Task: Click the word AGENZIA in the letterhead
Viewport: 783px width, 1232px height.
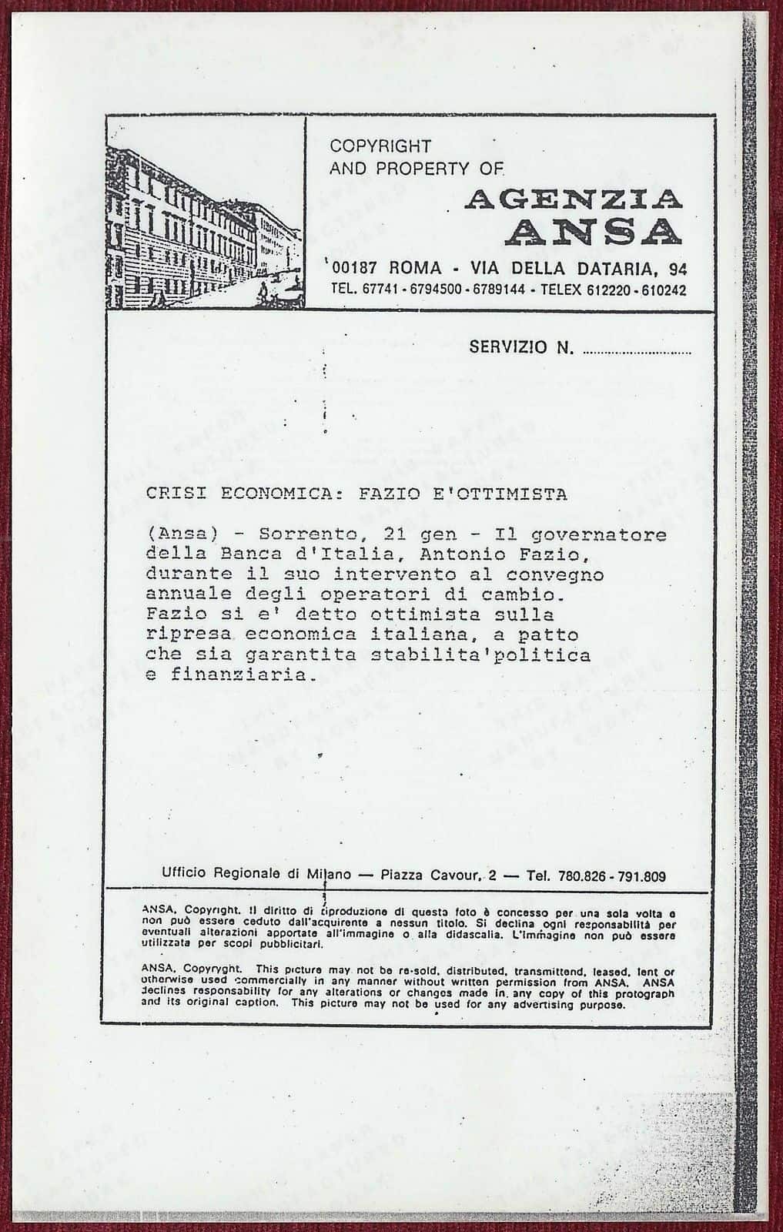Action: tap(574, 200)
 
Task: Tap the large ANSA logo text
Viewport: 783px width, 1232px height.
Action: tap(592, 232)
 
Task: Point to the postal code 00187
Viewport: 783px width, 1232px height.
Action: tap(359, 269)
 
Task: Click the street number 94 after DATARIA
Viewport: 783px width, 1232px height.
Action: tap(678, 269)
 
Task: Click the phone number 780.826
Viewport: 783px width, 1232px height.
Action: tap(583, 875)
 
